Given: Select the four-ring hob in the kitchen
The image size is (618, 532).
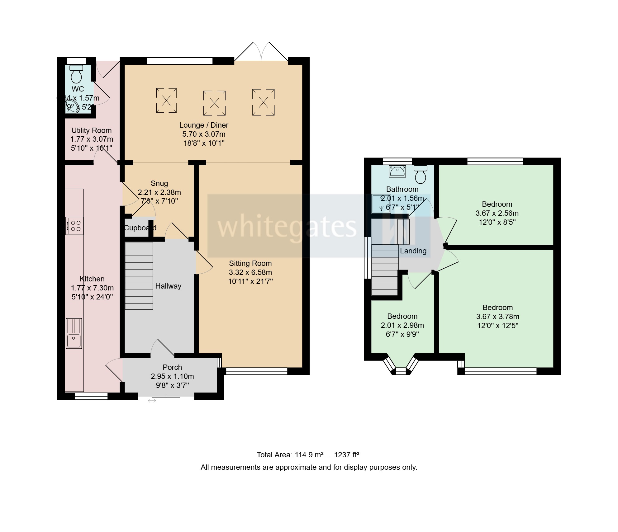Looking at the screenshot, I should (75, 226).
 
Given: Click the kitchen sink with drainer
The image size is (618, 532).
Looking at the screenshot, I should (74, 333).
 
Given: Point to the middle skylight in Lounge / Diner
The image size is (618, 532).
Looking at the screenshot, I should (214, 103).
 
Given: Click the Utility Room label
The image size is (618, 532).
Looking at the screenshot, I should (91, 130).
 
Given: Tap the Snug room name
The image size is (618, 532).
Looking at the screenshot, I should (159, 183).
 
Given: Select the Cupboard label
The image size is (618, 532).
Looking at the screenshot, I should (140, 228).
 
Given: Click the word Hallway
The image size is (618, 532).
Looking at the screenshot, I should (168, 286).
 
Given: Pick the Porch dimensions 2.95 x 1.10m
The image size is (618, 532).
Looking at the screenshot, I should (172, 376).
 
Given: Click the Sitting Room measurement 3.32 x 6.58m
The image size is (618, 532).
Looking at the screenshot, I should (250, 272).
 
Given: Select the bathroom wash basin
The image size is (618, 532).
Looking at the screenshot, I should (397, 171).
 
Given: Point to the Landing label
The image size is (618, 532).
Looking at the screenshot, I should (413, 251).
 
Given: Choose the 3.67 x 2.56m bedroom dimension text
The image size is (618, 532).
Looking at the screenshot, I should (497, 214).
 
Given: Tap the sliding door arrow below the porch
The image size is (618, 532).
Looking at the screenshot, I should (152, 401).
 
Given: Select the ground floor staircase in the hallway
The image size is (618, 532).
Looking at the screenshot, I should (139, 276).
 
